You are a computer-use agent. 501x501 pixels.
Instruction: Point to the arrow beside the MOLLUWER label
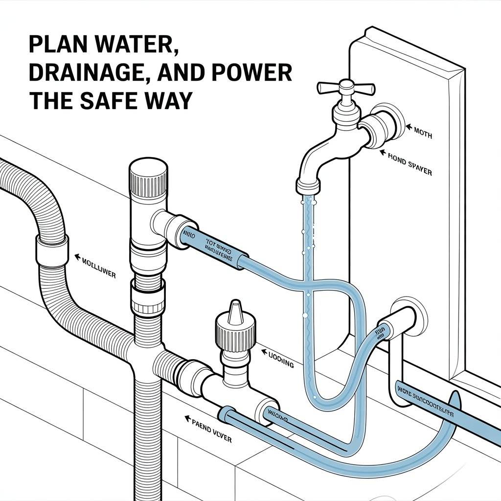[x=77, y=255]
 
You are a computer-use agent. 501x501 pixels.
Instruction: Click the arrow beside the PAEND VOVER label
[x=186, y=419]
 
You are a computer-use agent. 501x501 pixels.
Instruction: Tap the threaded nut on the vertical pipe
[x=147, y=299]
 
